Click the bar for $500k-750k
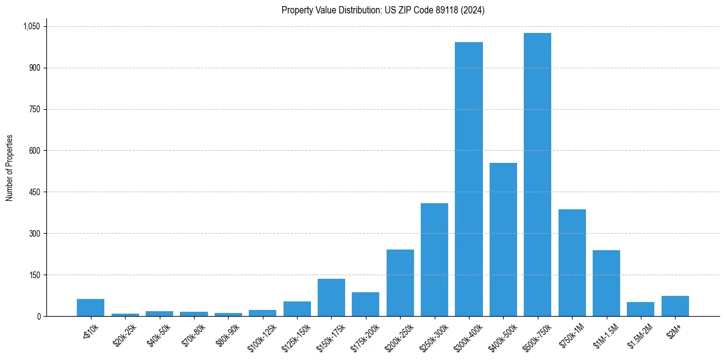click(537, 175)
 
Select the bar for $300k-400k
click(469, 179)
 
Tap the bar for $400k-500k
click(503, 239)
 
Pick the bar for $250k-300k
click(434, 259)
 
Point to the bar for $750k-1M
click(572, 262)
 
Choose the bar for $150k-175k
click(331, 297)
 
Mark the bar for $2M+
click(675, 306)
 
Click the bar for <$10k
click(90, 308)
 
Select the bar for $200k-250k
click(400, 283)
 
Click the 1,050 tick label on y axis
click(31, 26)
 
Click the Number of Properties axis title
click(9, 168)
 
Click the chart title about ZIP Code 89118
click(383, 10)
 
